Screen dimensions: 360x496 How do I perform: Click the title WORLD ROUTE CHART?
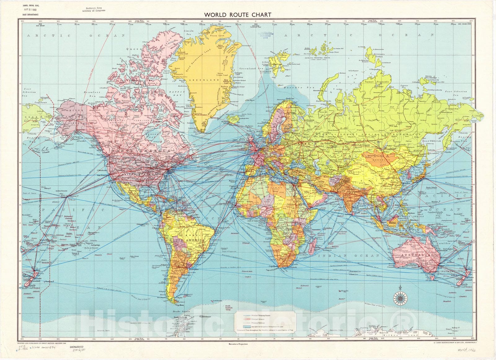237,15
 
